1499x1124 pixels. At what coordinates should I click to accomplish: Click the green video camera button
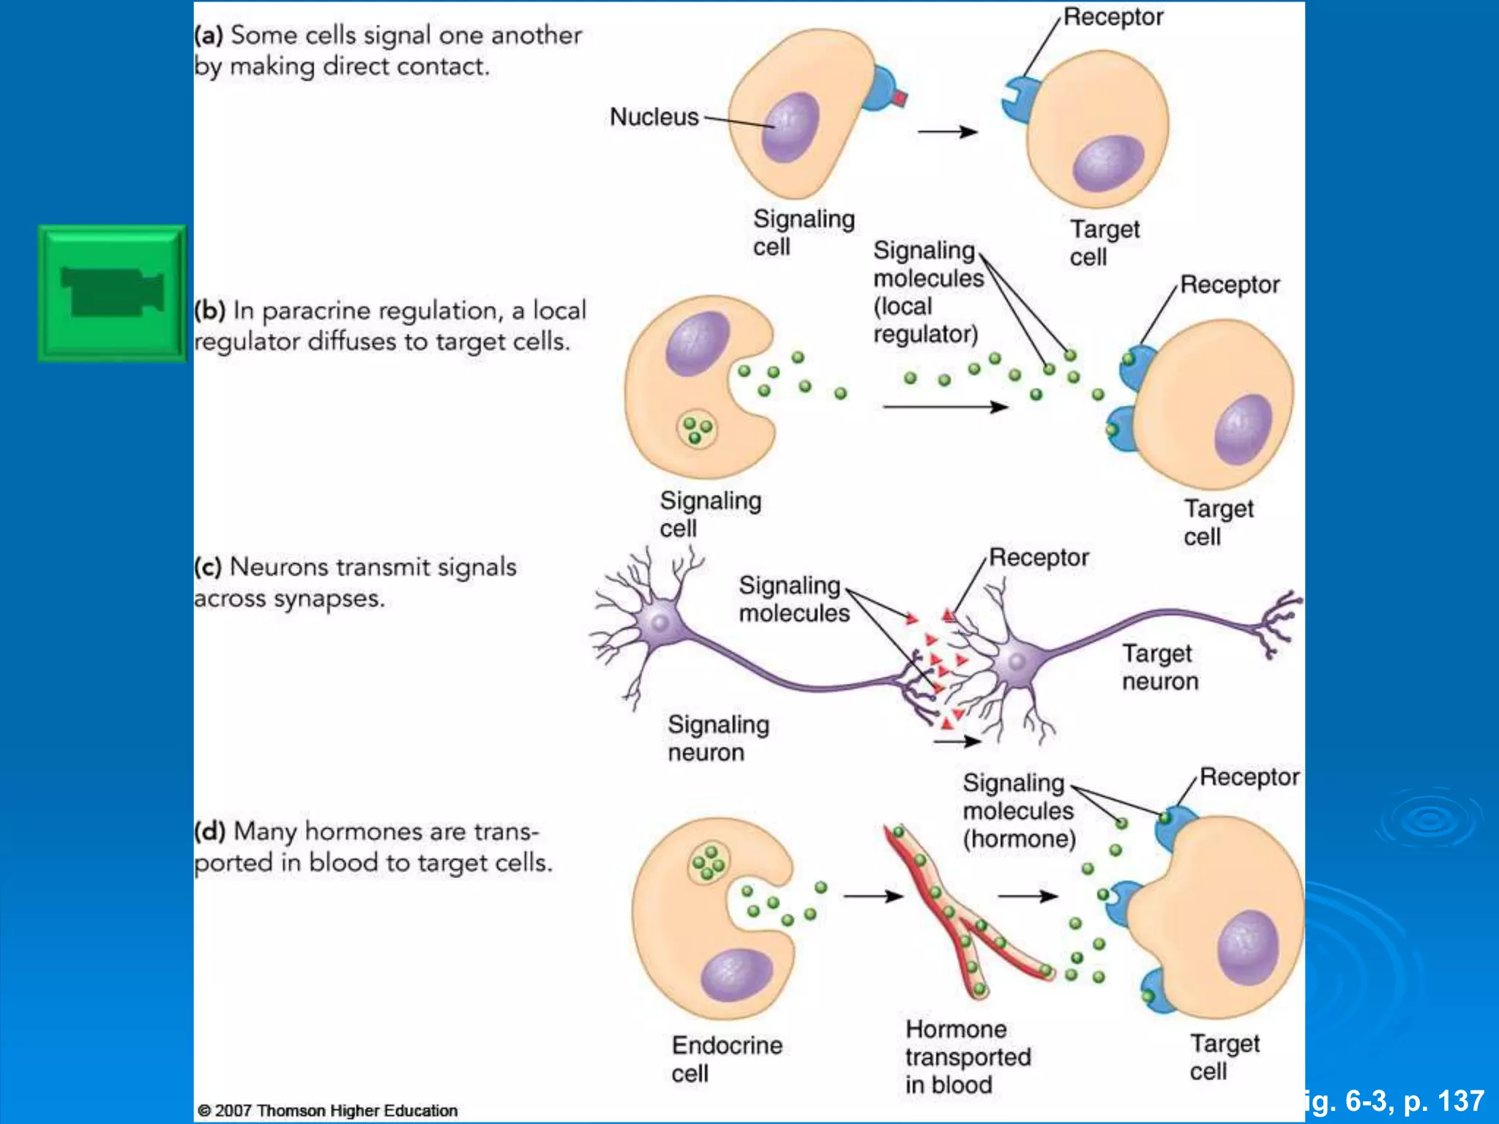[112, 293]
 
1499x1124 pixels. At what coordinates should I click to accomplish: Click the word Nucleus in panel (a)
[654, 117]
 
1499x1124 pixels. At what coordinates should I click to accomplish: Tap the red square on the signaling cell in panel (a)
[900, 98]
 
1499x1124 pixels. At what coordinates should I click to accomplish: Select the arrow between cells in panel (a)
[947, 132]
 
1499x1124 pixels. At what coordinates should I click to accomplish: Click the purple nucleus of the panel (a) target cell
[1107, 163]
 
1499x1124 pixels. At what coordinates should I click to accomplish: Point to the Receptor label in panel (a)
[1113, 17]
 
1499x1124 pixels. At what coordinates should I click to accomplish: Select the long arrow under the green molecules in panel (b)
[944, 406]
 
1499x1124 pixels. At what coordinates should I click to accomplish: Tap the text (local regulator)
[925, 321]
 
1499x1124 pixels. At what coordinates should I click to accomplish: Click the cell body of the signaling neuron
[659, 623]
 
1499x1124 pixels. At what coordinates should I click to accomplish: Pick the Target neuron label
[1159, 667]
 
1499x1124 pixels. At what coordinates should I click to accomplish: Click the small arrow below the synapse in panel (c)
[957, 741]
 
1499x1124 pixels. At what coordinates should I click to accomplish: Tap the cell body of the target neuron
[1017, 662]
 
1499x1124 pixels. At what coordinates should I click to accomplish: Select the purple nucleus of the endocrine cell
[736, 975]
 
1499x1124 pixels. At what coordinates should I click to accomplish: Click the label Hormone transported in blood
[967, 1057]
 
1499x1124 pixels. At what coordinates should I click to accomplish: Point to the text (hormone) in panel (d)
[1019, 839]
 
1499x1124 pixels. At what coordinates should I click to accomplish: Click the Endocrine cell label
[726, 1058]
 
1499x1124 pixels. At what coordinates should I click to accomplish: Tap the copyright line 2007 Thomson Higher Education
[328, 1110]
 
